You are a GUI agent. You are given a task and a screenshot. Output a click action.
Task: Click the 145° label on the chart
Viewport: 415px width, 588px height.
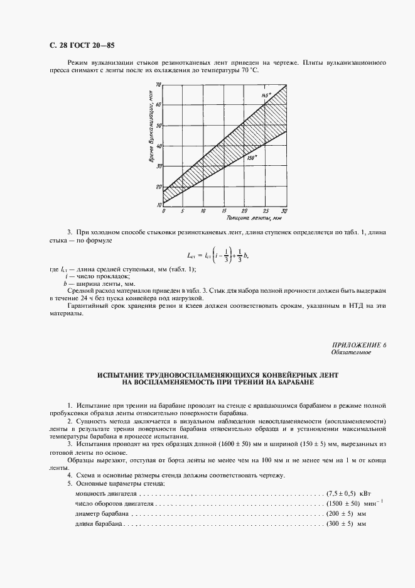tap(266, 94)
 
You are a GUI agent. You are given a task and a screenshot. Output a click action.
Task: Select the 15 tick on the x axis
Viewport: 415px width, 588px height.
tap(224, 211)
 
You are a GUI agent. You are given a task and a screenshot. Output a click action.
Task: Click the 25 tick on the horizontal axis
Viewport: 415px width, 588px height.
tap(265, 211)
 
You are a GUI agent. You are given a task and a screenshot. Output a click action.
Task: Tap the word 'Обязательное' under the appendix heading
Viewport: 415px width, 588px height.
tap(350, 352)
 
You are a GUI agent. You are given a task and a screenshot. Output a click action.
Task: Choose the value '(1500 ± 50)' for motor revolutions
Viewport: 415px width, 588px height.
tap(343, 504)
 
